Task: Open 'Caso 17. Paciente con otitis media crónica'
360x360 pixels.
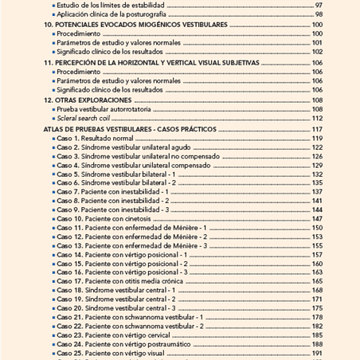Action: tap(123, 281)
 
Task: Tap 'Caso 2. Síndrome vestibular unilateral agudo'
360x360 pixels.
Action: tap(125, 147)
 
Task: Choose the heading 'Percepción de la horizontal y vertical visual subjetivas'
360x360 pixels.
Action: tap(151, 62)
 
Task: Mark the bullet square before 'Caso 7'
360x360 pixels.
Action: tap(53, 192)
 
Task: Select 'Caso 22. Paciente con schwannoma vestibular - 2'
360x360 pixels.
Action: tap(131, 326)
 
